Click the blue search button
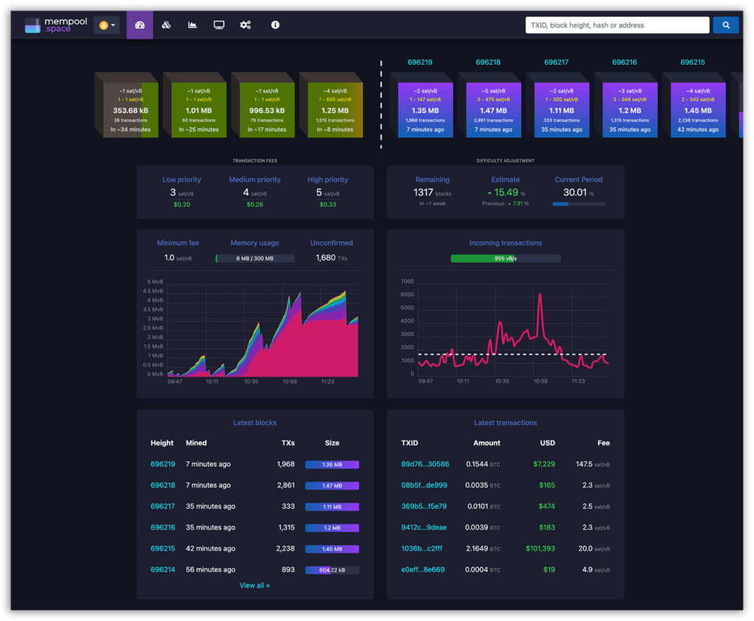coord(725,25)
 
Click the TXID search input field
coord(617,25)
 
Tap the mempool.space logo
coord(56,25)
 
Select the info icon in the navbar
coord(275,25)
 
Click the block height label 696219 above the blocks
coord(420,63)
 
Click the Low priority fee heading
coord(181,180)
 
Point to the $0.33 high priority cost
coord(328,205)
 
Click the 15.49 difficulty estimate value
coord(505,193)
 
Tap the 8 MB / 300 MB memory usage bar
coord(255,258)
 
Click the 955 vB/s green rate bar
coord(505,258)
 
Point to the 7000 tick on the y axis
coord(407,281)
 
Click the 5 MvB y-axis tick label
coord(155,282)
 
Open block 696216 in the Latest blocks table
coord(163,528)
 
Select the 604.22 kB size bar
coord(332,569)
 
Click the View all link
coord(255,586)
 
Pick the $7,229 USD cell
coord(544,464)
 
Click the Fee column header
coord(603,443)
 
